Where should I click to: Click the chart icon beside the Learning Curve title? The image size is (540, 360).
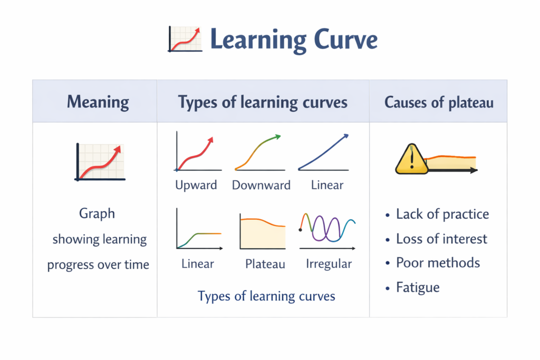pyautogui.click(x=185, y=39)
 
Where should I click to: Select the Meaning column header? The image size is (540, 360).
pyautogui.click(x=98, y=102)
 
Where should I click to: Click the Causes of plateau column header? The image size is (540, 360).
pyautogui.click(x=439, y=102)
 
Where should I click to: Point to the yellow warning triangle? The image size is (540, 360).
pyautogui.click(x=411, y=159)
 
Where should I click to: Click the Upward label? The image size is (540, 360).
pyautogui.click(x=196, y=185)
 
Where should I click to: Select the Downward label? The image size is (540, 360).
pyautogui.click(x=261, y=185)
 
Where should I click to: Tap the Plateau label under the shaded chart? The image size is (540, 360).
pyautogui.click(x=265, y=264)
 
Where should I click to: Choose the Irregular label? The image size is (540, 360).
pyautogui.click(x=329, y=264)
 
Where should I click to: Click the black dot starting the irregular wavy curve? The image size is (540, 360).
pyautogui.click(x=300, y=230)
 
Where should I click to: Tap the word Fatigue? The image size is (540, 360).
pyautogui.click(x=418, y=288)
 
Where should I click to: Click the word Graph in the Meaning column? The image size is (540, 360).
pyautogui.click(x=97, y=213)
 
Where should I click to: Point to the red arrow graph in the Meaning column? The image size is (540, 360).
pyautogui.click(x=100, y=162)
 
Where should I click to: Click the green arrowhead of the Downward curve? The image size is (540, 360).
pyautogui.click(x=277, y=138)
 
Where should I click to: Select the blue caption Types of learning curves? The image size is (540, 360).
pyautogui.click(x=266, y=296)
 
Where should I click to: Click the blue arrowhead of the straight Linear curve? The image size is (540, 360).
pyautogui.click(x=346, y=137)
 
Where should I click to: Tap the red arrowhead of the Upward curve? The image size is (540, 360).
pyautogui.click(x=211, y=140)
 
